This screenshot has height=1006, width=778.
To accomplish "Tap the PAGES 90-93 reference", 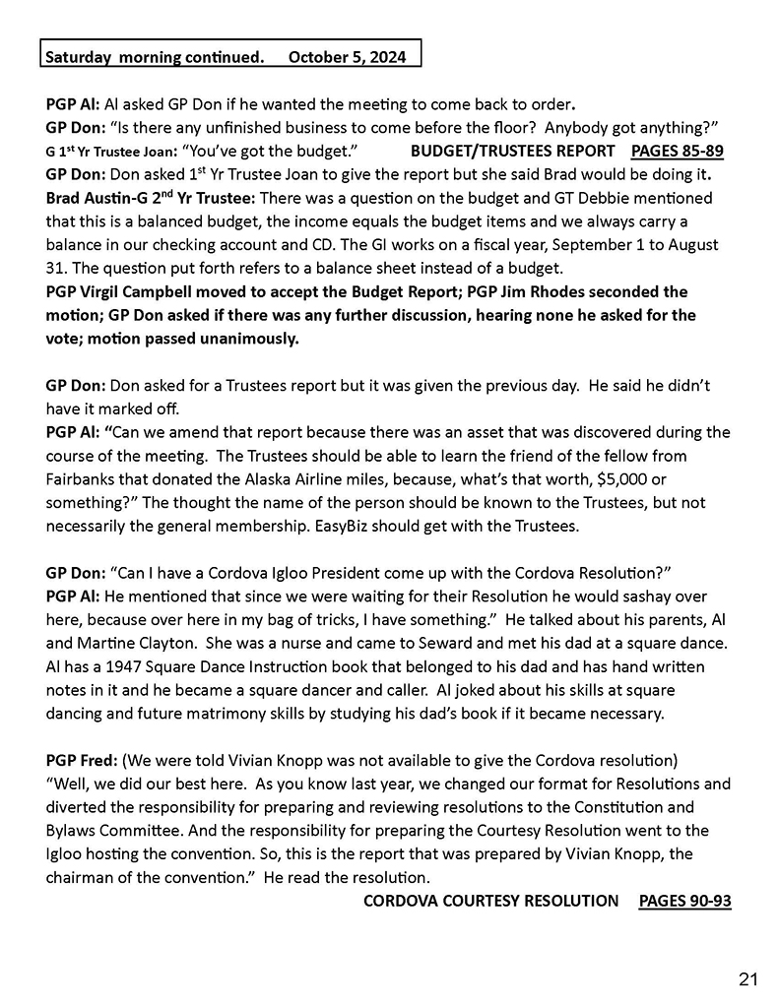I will [684, 900].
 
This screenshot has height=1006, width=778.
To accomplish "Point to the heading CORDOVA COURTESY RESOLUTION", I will [491, 900].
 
